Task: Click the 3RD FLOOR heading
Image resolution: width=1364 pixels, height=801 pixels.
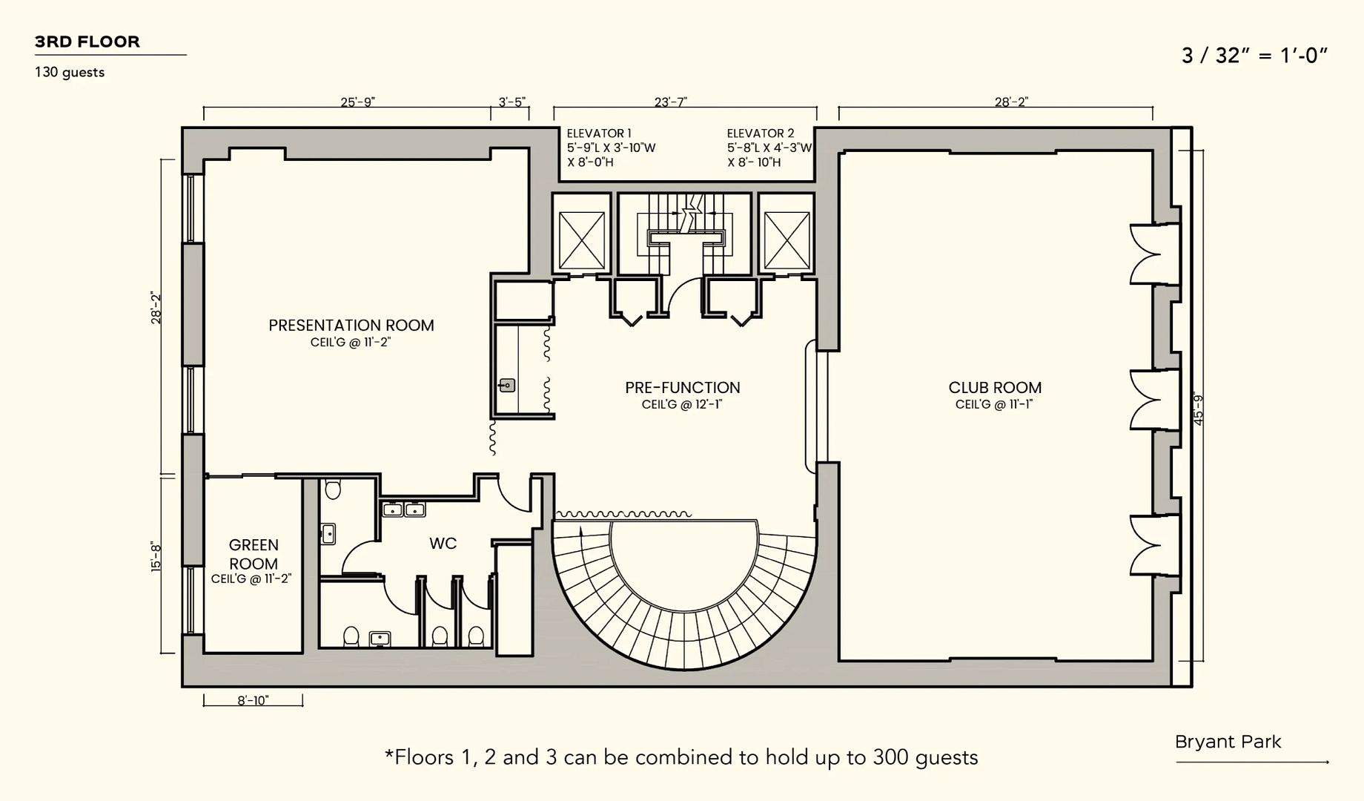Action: [x=87, y=42]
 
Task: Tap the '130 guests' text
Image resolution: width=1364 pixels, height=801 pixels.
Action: [x=70, y=73]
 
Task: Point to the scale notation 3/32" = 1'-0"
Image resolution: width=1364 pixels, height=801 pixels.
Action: [x=1254, y=56]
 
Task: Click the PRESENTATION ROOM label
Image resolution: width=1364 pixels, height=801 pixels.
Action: [x=351, y=326]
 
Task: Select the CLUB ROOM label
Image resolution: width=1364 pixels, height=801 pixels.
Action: [x=995, y=388]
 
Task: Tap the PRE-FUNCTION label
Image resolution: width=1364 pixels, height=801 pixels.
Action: [x=683, y=388]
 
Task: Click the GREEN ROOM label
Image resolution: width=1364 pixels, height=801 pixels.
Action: [x=254, y=555]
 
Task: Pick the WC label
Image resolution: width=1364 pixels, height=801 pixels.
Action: [x=443, y=544]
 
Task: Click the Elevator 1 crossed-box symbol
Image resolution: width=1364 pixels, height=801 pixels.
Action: [x=582, y=240]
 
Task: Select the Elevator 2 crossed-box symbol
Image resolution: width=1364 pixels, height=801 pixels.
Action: [x=787, y=240]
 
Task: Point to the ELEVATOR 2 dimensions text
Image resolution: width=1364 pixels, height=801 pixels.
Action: [x=769, y=148]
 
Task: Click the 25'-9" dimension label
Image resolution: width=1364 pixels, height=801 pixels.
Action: [x=358, y=102]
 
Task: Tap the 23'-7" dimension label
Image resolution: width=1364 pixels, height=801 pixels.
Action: [x=671, y=102]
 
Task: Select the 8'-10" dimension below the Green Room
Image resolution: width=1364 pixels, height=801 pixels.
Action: [x=254, y=701]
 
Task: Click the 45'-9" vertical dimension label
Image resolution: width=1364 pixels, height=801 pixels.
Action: [x=1199, y=409]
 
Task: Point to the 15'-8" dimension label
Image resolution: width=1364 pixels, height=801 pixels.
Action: [x=156, y=556]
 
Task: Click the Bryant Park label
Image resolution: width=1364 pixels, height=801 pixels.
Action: [x=1228, y=742]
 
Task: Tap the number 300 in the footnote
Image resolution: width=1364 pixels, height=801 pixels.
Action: [x=891, y=757]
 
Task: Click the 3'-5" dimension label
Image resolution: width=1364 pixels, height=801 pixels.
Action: [x=512, y=102]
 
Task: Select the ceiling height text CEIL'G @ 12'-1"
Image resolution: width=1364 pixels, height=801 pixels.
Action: [x=682, y=405]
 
